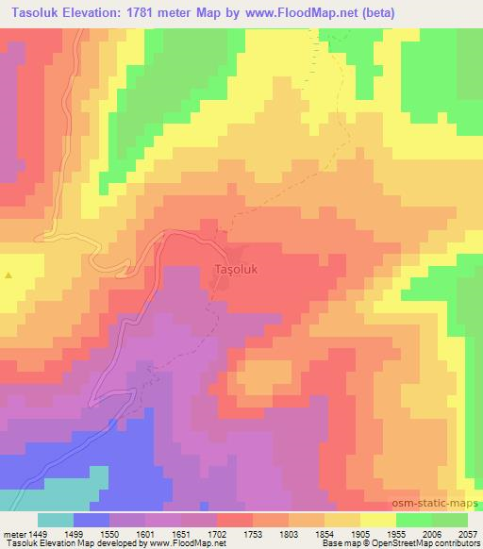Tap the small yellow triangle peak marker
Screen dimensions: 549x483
[9, 275]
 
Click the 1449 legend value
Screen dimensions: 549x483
[38, 533]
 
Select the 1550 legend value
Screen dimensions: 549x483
[110, 533]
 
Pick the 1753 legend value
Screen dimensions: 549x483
[254, 533]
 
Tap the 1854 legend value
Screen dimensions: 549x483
[325, 533]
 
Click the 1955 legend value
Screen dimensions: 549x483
[397, 533]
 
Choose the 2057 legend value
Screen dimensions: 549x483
[469, 533]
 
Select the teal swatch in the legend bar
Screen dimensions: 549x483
[56, 520]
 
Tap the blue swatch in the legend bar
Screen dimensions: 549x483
[92, 520]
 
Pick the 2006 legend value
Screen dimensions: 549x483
[433, 533]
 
